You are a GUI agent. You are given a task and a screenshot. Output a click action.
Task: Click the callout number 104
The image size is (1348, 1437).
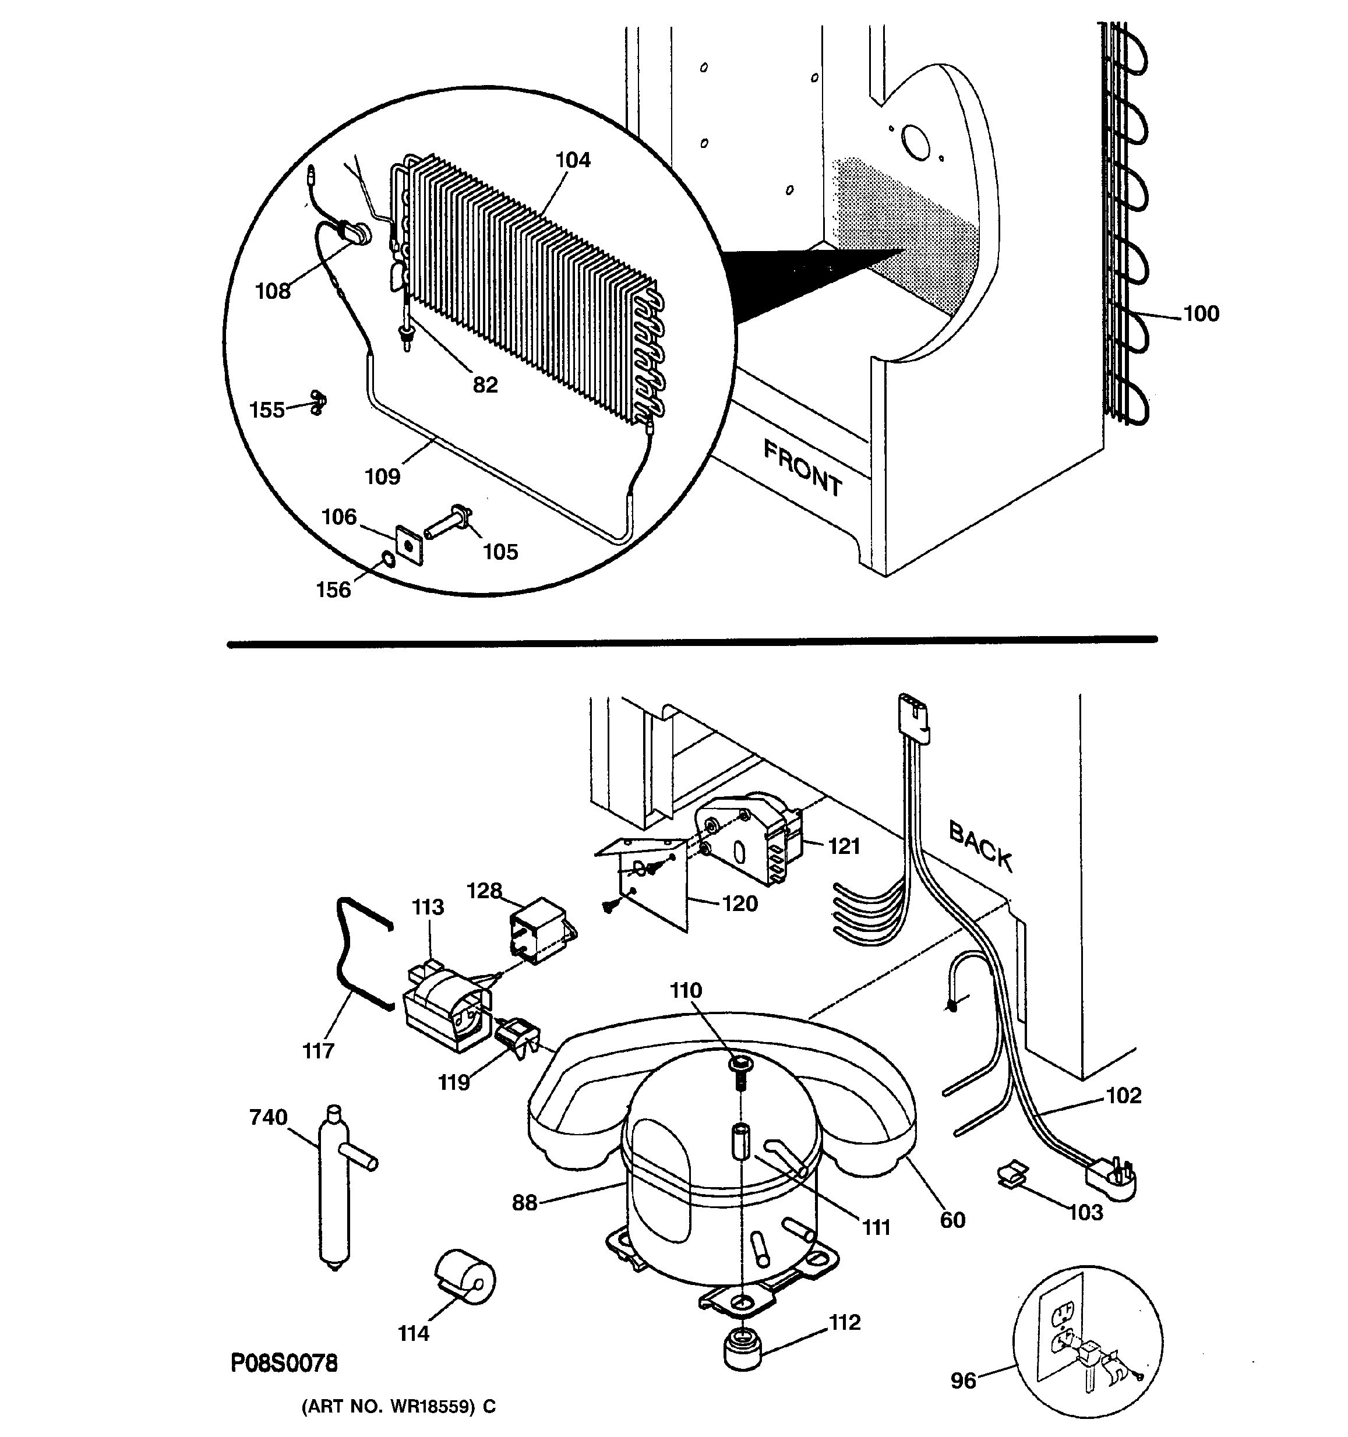573,160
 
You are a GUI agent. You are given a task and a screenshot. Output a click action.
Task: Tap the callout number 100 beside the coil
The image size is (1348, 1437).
1201,314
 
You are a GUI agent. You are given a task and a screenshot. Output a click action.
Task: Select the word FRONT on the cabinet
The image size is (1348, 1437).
802,468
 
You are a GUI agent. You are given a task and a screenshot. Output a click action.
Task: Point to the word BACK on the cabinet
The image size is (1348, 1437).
980,845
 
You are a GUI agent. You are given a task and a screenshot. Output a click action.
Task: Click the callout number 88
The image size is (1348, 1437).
524,1203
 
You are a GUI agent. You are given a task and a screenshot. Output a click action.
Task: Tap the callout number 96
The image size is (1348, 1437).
963,1381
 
